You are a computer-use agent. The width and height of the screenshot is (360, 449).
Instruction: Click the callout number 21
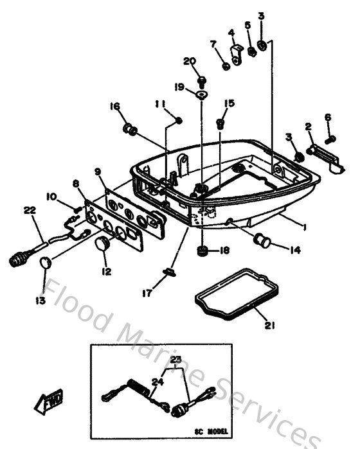tap(270, 326)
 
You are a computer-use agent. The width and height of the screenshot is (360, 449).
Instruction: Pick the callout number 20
tap(189, 61)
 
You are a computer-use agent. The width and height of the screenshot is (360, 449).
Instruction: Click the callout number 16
tap(114, 106)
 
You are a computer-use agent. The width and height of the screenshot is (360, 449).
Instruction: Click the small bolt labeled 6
tap(330, 138)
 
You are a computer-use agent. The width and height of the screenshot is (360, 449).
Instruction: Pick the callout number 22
tap(30, 209)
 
